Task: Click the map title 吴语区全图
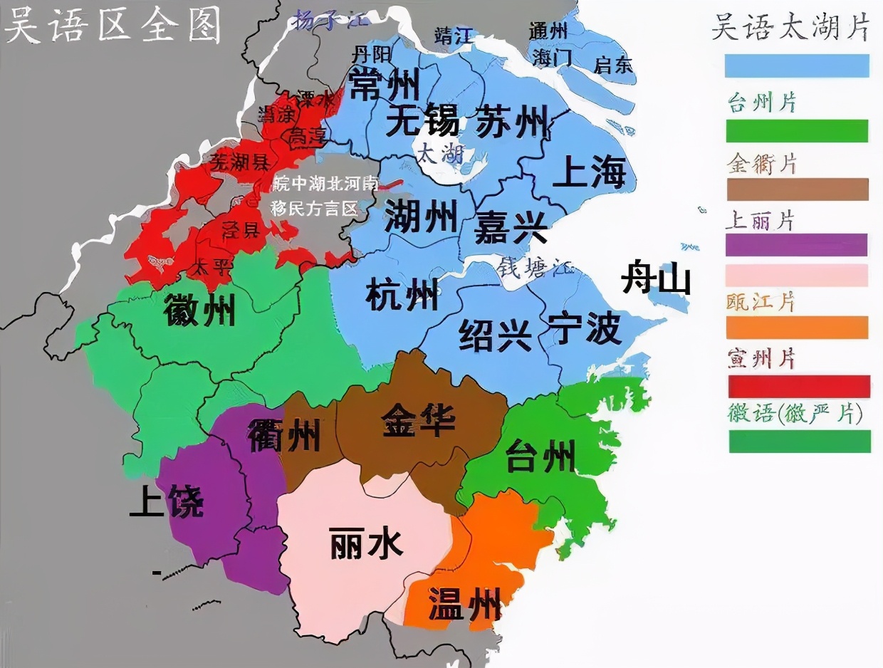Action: tap(113, 27)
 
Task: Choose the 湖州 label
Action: tap(421, 215)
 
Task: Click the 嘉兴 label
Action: tap(511, 227)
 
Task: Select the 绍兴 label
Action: tap(495, 334)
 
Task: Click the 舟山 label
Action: tap(656, 277)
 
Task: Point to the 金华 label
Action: tap(418, 420)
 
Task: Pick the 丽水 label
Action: tap(367, 544)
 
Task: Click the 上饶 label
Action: tap(166, 503)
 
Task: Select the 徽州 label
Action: tap(199, 310)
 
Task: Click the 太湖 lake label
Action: tap(441, 153)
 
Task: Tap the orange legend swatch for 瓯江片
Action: tap(797, 328)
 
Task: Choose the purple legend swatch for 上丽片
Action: tap(796, 245)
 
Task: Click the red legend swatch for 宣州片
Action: tap(798, 386)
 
